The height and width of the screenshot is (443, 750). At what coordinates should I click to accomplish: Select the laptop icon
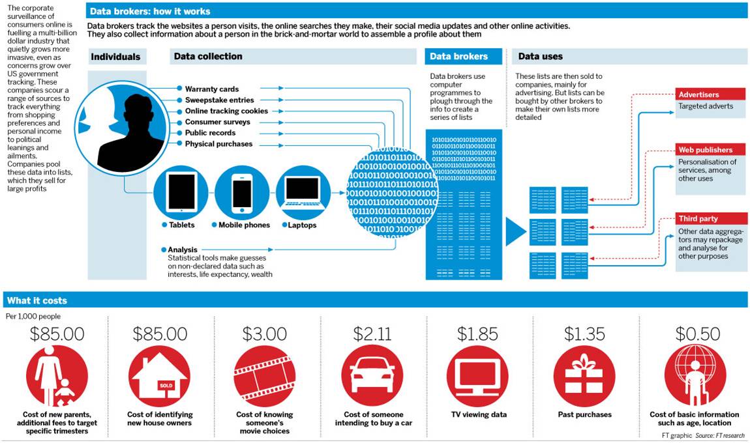pos(303,192)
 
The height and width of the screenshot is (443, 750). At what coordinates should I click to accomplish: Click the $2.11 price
pos(372,334)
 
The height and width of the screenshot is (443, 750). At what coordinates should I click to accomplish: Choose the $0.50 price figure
pos(698,334)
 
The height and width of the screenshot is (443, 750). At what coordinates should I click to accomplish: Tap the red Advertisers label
pos(698,95)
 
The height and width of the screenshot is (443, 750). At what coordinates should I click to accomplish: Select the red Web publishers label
pos(705,150)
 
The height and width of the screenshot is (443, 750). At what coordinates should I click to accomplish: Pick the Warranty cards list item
pos(212,89)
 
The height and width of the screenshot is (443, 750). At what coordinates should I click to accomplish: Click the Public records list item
pos(209,133)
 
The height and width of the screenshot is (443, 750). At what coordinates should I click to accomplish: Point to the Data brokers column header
pos(458,57)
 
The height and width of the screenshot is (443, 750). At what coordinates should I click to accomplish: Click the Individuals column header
pos(115,57)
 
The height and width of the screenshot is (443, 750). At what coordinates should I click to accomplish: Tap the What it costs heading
pos(37,301)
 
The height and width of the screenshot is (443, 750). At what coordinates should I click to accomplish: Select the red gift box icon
pos(584,376)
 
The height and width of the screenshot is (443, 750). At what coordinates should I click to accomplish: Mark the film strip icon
pos(264,376)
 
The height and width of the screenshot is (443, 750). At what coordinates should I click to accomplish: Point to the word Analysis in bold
pos(183,250)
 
